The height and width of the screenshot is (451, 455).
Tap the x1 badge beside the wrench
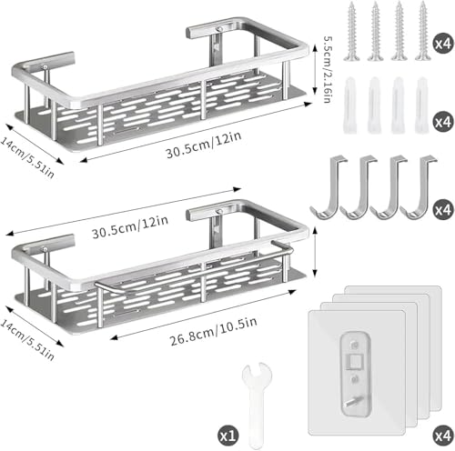point(228,436)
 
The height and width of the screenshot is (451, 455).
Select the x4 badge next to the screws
point(443,44)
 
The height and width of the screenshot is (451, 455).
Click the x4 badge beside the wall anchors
point(443,122)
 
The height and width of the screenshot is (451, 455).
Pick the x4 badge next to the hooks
point(443,209)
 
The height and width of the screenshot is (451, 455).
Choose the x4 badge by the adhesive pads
point(443,436)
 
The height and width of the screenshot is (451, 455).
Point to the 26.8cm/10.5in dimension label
point(214,331)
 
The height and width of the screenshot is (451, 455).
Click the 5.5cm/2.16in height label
point(328,70)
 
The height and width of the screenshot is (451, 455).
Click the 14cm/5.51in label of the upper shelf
point(28,158)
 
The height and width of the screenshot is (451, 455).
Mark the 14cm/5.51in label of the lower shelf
point(28,340)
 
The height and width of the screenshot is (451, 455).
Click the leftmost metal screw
point(352,31)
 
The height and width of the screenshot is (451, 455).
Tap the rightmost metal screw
point(423,31)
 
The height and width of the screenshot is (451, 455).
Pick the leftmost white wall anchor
point(349,105)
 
